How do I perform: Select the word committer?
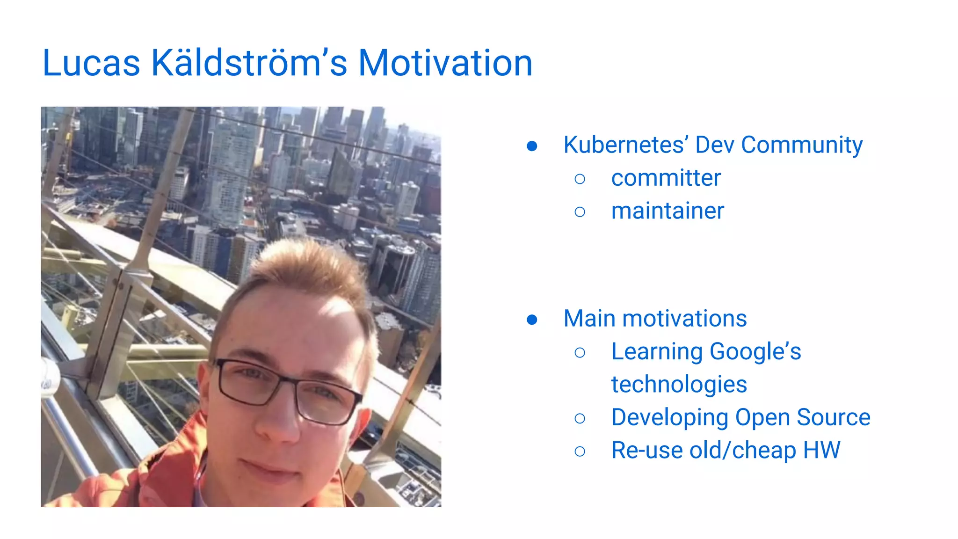(x=666, y=178)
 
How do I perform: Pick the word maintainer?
(x=668, y=211)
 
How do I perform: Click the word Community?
(x=802, y=145)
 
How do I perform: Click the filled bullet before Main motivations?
(x=532, y=320)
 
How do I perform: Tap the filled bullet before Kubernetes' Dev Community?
(x=532, y=146)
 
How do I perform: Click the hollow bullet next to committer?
(x=580, y=179)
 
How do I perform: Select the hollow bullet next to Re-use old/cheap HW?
(x=580, y=451)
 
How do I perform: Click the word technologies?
(x=679, y=385)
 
